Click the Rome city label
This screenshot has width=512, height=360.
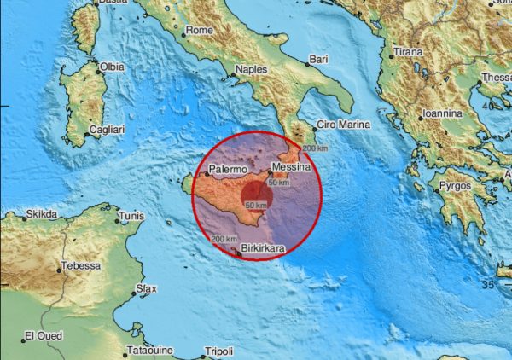click(x=199, y=31)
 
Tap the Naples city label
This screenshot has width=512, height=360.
click(x=251, y=68)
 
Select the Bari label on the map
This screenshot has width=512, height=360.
click(x=318, y=58)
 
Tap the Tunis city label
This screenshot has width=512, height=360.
click(x=130, y=216)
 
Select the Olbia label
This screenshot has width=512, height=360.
click(x=112, y=67)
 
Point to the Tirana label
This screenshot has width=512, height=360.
click(x=406, y=51)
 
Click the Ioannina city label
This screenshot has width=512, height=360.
click(x=440, y=113)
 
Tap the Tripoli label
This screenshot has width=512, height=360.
click(x=218, y=351)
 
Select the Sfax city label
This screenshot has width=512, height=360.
click(x=147, y=289)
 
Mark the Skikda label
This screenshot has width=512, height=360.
click(x=40, y=213)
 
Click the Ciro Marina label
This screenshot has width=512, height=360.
click(x=343, y=125)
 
